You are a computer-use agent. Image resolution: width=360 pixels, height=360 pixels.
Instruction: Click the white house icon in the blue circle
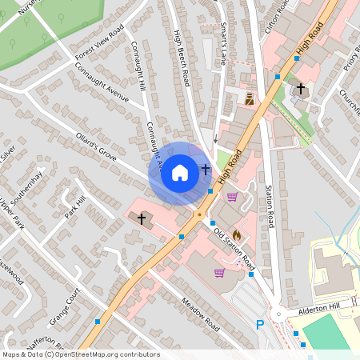pyautogui.click(x=180, y=172)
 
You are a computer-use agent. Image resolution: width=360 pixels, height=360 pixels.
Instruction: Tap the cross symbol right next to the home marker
pyautogui.click(x=206, y=170)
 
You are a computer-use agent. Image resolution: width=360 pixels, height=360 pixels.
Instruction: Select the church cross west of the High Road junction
pyautogui.click(x=142, y=218)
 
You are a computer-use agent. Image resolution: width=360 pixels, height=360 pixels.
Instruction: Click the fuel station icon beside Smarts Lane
pyautogui.click(x=250, y=99)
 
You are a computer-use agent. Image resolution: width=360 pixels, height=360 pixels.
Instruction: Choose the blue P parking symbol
pyautogui.click(x=259, y=325)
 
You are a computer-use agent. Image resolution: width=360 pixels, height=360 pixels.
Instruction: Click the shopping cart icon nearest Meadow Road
pyautogui.click(x=218, y=273)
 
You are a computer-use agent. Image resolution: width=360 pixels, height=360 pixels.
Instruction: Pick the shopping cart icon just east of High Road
pyautogui.click(x=232, y=197)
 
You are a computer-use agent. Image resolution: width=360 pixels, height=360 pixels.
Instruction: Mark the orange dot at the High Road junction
pyautogui.click(x=199, y=214)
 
